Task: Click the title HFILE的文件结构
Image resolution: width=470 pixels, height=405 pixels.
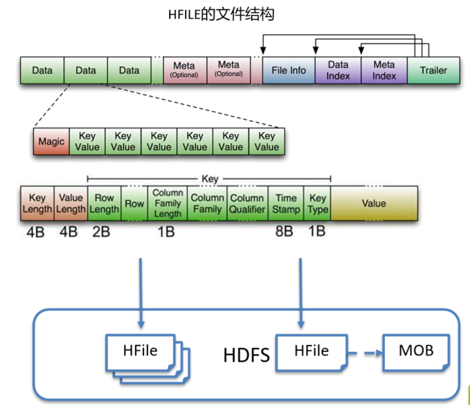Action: tap(221, 15)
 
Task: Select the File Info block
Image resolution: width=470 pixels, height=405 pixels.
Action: tap(288, 71)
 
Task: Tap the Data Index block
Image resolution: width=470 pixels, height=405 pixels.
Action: tap(338, 71)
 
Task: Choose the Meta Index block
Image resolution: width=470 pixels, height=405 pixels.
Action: tap(384, 71)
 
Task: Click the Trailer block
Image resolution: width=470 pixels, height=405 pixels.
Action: tap(434, 71)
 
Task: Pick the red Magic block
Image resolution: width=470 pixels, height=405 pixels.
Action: tap(51, 141)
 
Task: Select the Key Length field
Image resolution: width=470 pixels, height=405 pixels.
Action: tap(37, 203)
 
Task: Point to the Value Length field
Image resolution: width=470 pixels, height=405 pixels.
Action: tap(71, 203)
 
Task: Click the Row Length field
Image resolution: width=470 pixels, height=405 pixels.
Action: tap(104, 203)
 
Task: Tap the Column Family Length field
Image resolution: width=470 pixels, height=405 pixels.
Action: tap(167, 203)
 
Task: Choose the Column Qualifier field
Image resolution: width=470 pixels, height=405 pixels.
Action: tap(247, 203)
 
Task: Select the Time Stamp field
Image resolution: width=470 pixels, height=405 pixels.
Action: tap(286, 203)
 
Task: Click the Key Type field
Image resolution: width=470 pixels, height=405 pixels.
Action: tap(318, 203)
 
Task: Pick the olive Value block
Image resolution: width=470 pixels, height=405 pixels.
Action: tap(374, 203)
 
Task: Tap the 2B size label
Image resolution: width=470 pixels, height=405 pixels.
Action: tap(101, 233)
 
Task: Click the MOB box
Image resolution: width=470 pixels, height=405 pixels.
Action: tap(415, 350)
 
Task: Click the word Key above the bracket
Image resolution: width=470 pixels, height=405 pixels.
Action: tap(209, 179)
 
